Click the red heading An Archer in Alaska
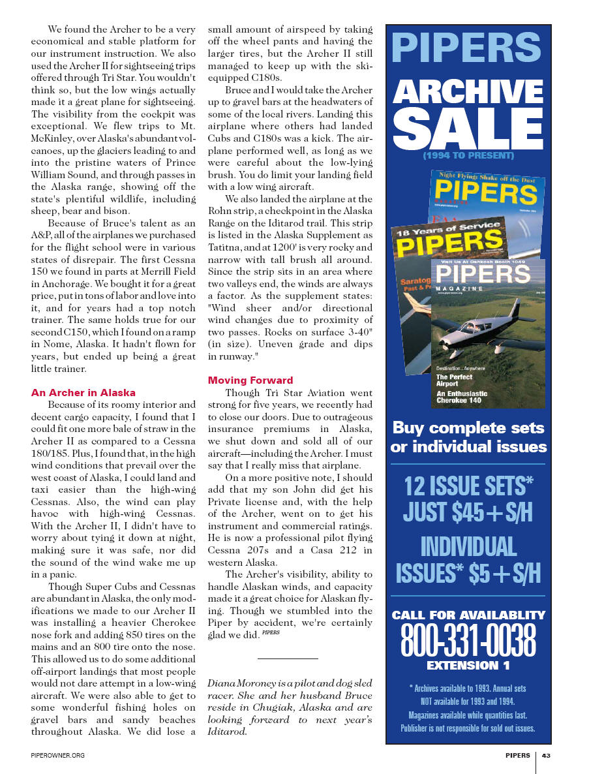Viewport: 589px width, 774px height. click(83, 393)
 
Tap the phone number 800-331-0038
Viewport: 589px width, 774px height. click(468, 640)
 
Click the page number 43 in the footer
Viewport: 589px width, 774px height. click(547, 755)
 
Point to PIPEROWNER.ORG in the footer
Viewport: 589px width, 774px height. click(58, 755)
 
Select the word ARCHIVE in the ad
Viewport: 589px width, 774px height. click(468, 91)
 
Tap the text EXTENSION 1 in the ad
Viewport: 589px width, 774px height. click(468, 666)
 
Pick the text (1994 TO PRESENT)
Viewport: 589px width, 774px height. click(468, 156)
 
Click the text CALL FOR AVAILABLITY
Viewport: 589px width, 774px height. click(468, 615)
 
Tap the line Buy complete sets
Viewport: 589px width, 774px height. click(468, 428)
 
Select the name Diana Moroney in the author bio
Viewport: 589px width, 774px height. click(235, 683)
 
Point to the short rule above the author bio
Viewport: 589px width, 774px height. click(288, 658)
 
